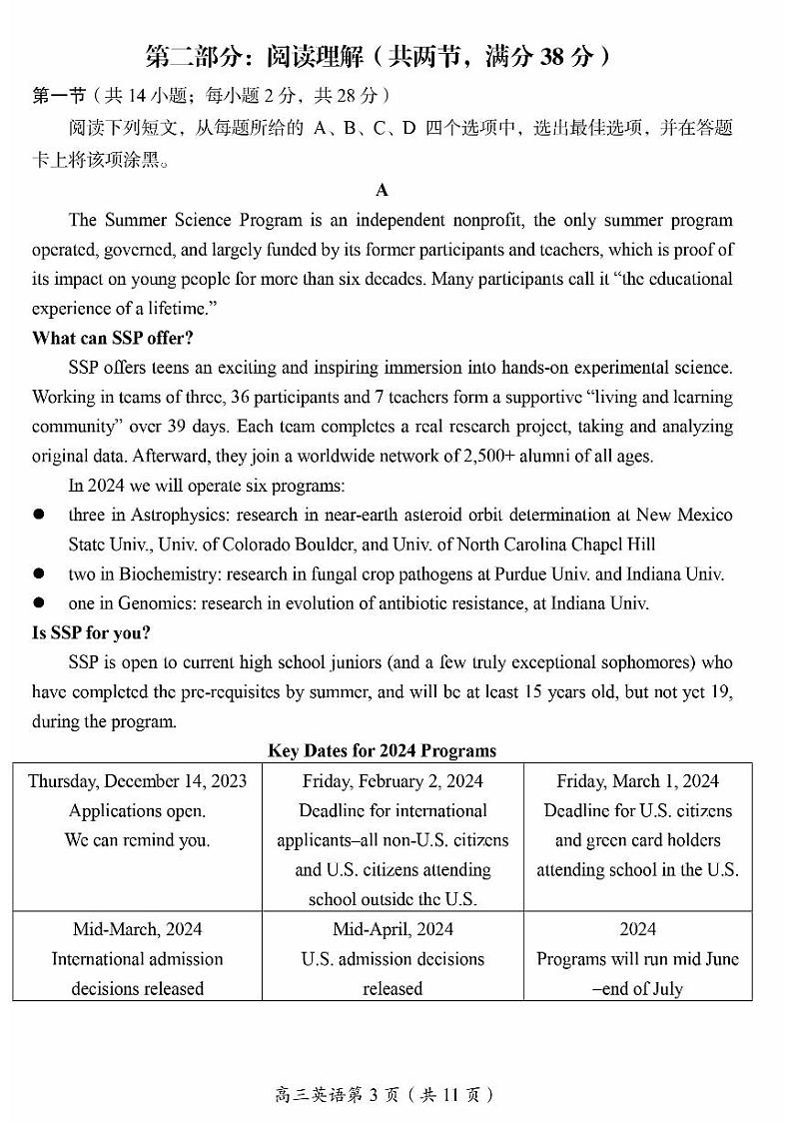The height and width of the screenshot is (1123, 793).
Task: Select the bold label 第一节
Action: coord(55,96)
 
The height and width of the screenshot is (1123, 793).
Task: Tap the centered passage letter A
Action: coord(382,190)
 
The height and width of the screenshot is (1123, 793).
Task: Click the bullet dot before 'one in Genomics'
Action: coord(39,603)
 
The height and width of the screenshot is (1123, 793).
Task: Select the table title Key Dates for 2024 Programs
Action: coord(382,750)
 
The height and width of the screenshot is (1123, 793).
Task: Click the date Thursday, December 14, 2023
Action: coord(137,781)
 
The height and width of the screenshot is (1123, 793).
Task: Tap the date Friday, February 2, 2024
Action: coord(393,781)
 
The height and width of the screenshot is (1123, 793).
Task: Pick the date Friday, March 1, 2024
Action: coord(637,781)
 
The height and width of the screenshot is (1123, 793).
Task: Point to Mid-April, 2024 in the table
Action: coord(393,929)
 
